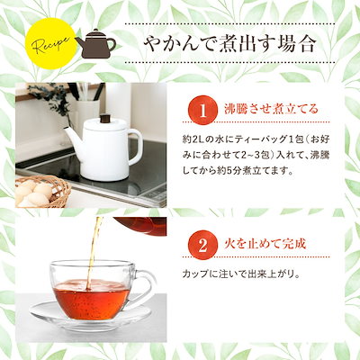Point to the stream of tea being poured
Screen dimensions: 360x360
pos(90,243)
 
